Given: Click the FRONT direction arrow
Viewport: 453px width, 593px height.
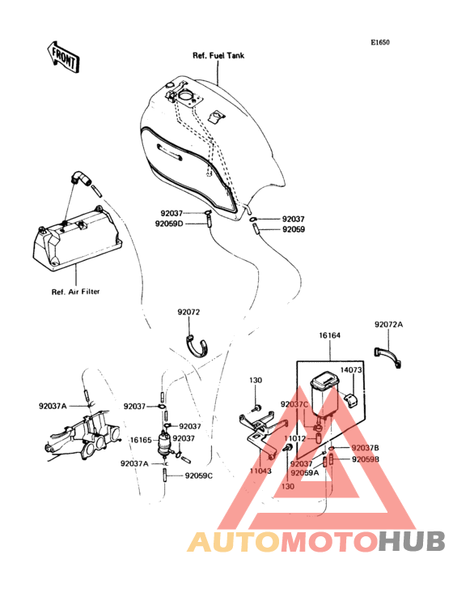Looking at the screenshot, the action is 63,57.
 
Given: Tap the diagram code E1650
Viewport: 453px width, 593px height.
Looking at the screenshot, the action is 379,42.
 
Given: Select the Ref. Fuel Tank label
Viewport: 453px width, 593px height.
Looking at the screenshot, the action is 218,56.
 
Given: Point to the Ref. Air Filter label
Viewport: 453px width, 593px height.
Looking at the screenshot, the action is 75,292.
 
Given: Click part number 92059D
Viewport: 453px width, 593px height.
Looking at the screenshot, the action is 169,224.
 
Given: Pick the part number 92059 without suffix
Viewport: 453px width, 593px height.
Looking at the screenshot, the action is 294,229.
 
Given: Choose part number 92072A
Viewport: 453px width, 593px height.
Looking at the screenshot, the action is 389,325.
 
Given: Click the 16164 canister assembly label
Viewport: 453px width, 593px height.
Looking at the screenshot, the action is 329,335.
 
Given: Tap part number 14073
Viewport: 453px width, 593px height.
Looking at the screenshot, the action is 351,370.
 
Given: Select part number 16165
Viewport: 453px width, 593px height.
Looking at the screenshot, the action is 141,440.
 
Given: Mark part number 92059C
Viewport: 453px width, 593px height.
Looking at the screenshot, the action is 198,476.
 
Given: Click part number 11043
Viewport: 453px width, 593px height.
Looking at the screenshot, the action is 260,471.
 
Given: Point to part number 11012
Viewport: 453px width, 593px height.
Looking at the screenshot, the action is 294,439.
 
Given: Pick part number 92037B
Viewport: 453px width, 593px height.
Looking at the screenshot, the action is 366,448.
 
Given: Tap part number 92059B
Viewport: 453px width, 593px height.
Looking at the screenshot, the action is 366,459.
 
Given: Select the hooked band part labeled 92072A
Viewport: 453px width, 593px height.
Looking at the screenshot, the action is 387,356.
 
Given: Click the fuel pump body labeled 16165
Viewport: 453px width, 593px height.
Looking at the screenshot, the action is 164,445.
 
